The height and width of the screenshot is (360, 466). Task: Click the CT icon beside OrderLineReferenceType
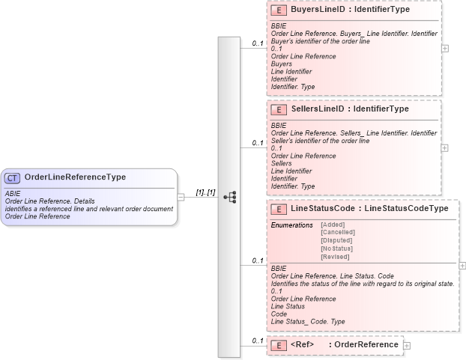pyautogui.click(x=13, y=178)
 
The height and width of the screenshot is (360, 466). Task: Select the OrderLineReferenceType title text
pyautogui.click(x=75, y=178)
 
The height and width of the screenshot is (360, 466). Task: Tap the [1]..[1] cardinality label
pyautogui.click(x=205, y=192)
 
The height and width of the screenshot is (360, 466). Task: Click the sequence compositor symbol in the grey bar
pyautogui.click(x=229, y=197)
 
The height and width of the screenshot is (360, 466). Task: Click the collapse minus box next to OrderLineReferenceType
pyautogui.click(x=181, y=197)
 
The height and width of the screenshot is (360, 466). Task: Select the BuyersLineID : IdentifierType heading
pyautogui.click(x=350, y=11)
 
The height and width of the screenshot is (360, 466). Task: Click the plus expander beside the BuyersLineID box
pyautogui.click(x=446, y=47)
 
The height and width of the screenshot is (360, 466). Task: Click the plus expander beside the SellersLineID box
pyautogui.click(x=446, y=147)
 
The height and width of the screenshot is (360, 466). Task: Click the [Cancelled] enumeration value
pyautogui.click(x=337, y=232)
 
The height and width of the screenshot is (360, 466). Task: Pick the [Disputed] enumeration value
pyautogui.click(x=336, y=240)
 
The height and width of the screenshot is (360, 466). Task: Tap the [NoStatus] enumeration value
pyautogui.click(x=336, y=248)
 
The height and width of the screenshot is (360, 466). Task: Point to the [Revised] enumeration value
pyautogui.click(x=334, y=257)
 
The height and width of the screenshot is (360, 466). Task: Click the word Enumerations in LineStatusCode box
pyautogui.click(x=292, y=225)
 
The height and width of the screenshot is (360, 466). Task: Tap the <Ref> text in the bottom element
pyautogui.click(x=302, y=344)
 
